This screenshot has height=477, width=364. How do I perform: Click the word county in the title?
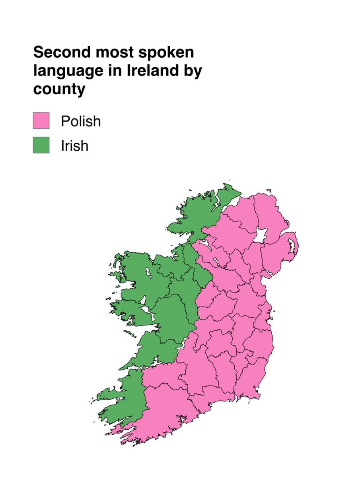59,89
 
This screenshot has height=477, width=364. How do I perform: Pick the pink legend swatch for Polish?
41,120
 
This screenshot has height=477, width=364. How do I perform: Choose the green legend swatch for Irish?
41,145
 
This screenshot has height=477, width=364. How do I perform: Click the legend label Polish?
81,121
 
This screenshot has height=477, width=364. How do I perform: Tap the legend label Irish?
74,145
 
